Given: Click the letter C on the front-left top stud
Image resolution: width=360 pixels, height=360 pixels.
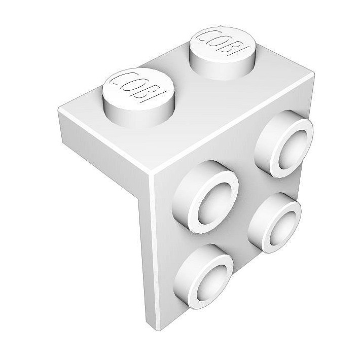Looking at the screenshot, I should pos(118,81).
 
